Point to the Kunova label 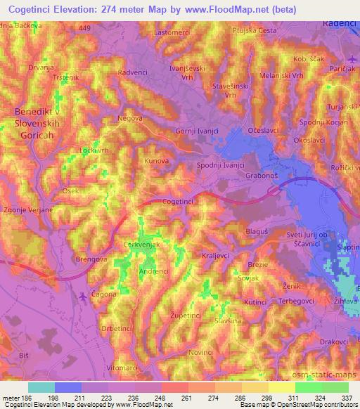pyautogui.click(x=157, y=161)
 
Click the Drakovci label pyautogui.click(x=314, y=342)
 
